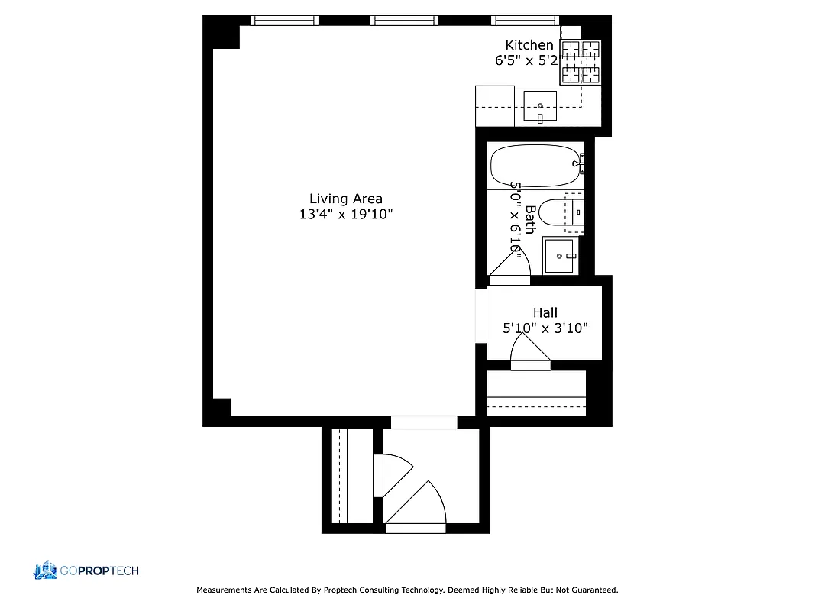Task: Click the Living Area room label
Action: (x=345, y=199)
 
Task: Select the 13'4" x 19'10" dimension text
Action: (x=345, y=215)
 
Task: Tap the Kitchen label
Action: (x=529, y=45)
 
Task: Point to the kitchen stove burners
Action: (x=581, y=62)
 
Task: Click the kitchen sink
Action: (x=540, y=106)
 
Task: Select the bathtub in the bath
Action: (x=535, y=166)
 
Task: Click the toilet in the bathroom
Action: (x=555, y=214)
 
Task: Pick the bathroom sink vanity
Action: (x=561, y=255)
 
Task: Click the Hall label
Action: (x=545, y=312)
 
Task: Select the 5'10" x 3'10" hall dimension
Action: (x=545, y=328)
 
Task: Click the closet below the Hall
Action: (x=536, y=393)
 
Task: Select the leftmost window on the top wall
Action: (x=284, y=21)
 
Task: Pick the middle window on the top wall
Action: (x=404, y=21)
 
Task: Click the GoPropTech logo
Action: (x=86, y=571)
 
